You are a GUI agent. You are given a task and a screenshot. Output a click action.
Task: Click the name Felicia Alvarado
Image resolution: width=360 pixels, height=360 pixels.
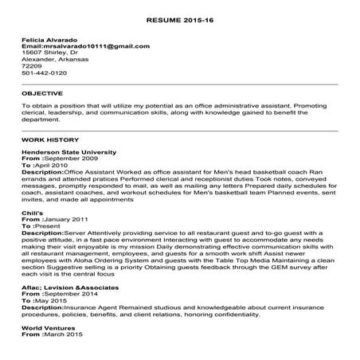(x=49, y=40)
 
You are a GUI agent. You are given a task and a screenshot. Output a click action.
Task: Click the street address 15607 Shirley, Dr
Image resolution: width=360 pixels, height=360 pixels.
(x=49, y=54)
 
